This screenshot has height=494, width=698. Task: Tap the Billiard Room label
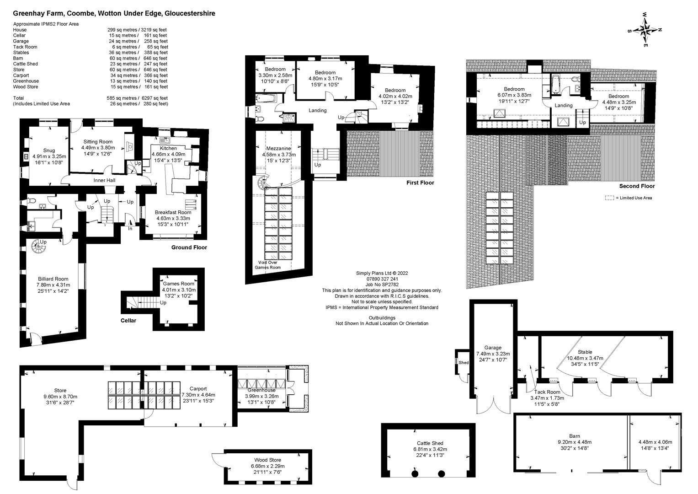click(x=53, y=279)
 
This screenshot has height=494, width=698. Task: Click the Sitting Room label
click(x=97, y=142)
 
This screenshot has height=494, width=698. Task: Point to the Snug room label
click(x=49, y=150)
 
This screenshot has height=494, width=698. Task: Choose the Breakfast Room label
click(x=173, y=212)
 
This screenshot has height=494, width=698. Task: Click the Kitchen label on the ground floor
click(x=168, y=149)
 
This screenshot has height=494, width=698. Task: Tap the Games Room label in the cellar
click(x=179, y=284)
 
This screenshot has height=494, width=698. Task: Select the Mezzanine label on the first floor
click(x=278, y=149)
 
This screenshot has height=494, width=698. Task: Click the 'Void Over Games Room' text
click(x=269, y=265)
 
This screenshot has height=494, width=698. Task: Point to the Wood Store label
click(x=268, y=460)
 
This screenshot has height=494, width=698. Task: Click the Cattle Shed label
click(x=430, y=443)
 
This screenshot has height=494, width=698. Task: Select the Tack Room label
click(x=547, y=392)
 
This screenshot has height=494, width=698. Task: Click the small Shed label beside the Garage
click(x=464, y=363)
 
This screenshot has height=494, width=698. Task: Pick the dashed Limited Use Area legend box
click(x=609, y=198)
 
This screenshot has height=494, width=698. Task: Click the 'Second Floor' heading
click(x=637, y=186)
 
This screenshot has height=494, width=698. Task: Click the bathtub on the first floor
click(x=265, y=97)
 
